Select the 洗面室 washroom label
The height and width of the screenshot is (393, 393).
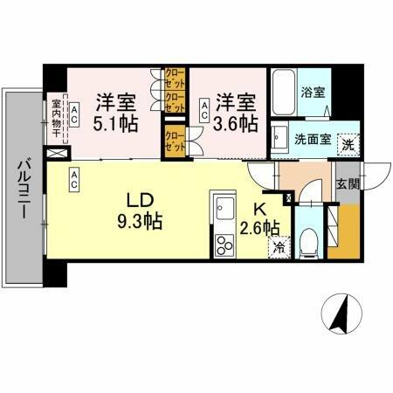(x=311, y=137)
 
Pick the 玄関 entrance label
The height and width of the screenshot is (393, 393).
(x=347, y=184)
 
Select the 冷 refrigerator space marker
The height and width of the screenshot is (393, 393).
(x=279, y=247)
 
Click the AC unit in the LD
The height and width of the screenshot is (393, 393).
(x=75, y=180)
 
